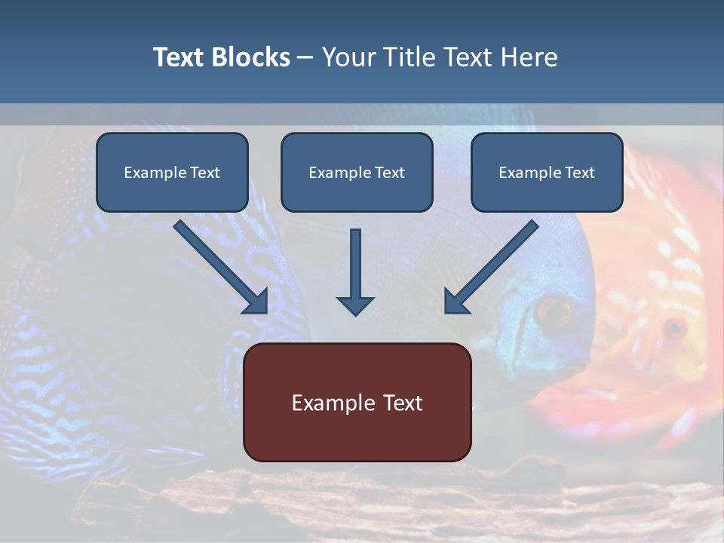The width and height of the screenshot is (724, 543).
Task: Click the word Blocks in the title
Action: pyautogui.click(x=251, y=57)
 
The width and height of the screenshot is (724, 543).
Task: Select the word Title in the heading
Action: pyautogui.click(x=410, y=57)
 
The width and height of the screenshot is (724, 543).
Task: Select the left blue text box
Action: pyautogui.click(x=172, y=172)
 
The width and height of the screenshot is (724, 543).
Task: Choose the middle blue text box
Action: pyautogui.click(x=357, y=172)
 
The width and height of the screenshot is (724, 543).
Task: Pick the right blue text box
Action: pyautogui.click(x=547, y=172)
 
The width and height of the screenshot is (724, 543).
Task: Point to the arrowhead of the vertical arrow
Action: pyautogui.click(x=355, y=305)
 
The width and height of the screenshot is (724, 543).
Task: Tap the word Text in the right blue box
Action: pyautogui.click(x=580, y=173)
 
